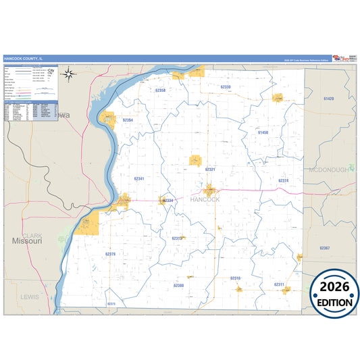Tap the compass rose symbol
(x=69, y=74)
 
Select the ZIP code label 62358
(x=160, y=90)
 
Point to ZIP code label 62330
(x=226, y=87)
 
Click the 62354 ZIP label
(x=128, y=120)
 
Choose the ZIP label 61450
(x=263, y=133)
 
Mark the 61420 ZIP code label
(x=328, y=99)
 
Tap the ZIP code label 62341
(x=139, y=178)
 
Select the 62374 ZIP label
(x=284, y=181)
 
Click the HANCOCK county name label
(x=205, y=200)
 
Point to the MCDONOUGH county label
(x=329, y=170)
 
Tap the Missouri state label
(x=27, y=240)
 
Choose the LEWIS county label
(x=30, y=297)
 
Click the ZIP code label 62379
(x=110, y=254)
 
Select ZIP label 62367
(x=325, y=249)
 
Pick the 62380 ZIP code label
(x=178, y=285)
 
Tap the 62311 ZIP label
(x=279, y=284)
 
